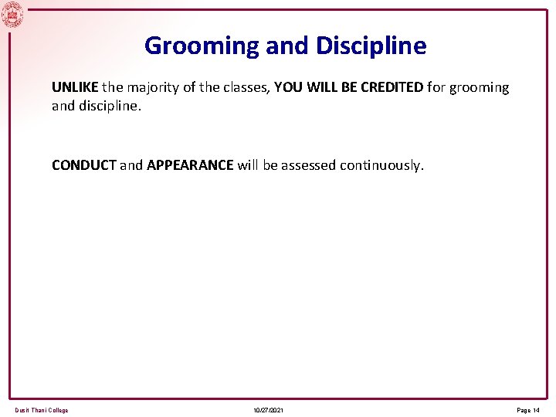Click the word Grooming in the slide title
tap(202, 46)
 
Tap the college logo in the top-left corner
tap(12, 14)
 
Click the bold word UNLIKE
tap(75, 87)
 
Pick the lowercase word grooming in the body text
tap(480, 87)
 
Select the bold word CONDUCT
tap(83, 165)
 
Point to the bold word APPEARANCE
tap(190, 165)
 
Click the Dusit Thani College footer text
tap(42, 410)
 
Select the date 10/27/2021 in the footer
tap(268, 410)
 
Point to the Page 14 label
tap(528, 410)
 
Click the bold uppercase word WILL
tap(321, 87)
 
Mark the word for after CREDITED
tap(437, 87)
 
